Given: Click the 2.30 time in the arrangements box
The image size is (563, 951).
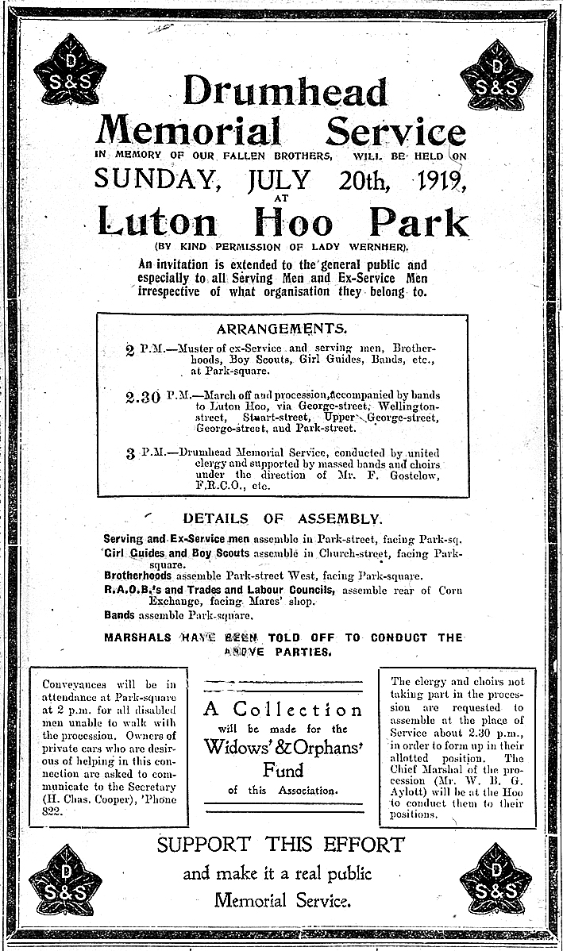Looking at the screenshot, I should (x=144, y=397).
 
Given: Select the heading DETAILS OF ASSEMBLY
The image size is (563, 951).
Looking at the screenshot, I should (x=282, y=518).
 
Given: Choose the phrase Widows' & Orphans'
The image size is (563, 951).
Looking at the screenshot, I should (x=283, y=746).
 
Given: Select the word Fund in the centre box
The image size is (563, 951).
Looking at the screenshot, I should (x=283, y=769).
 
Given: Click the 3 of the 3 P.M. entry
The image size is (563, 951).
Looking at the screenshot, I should (x=130, y=455).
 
